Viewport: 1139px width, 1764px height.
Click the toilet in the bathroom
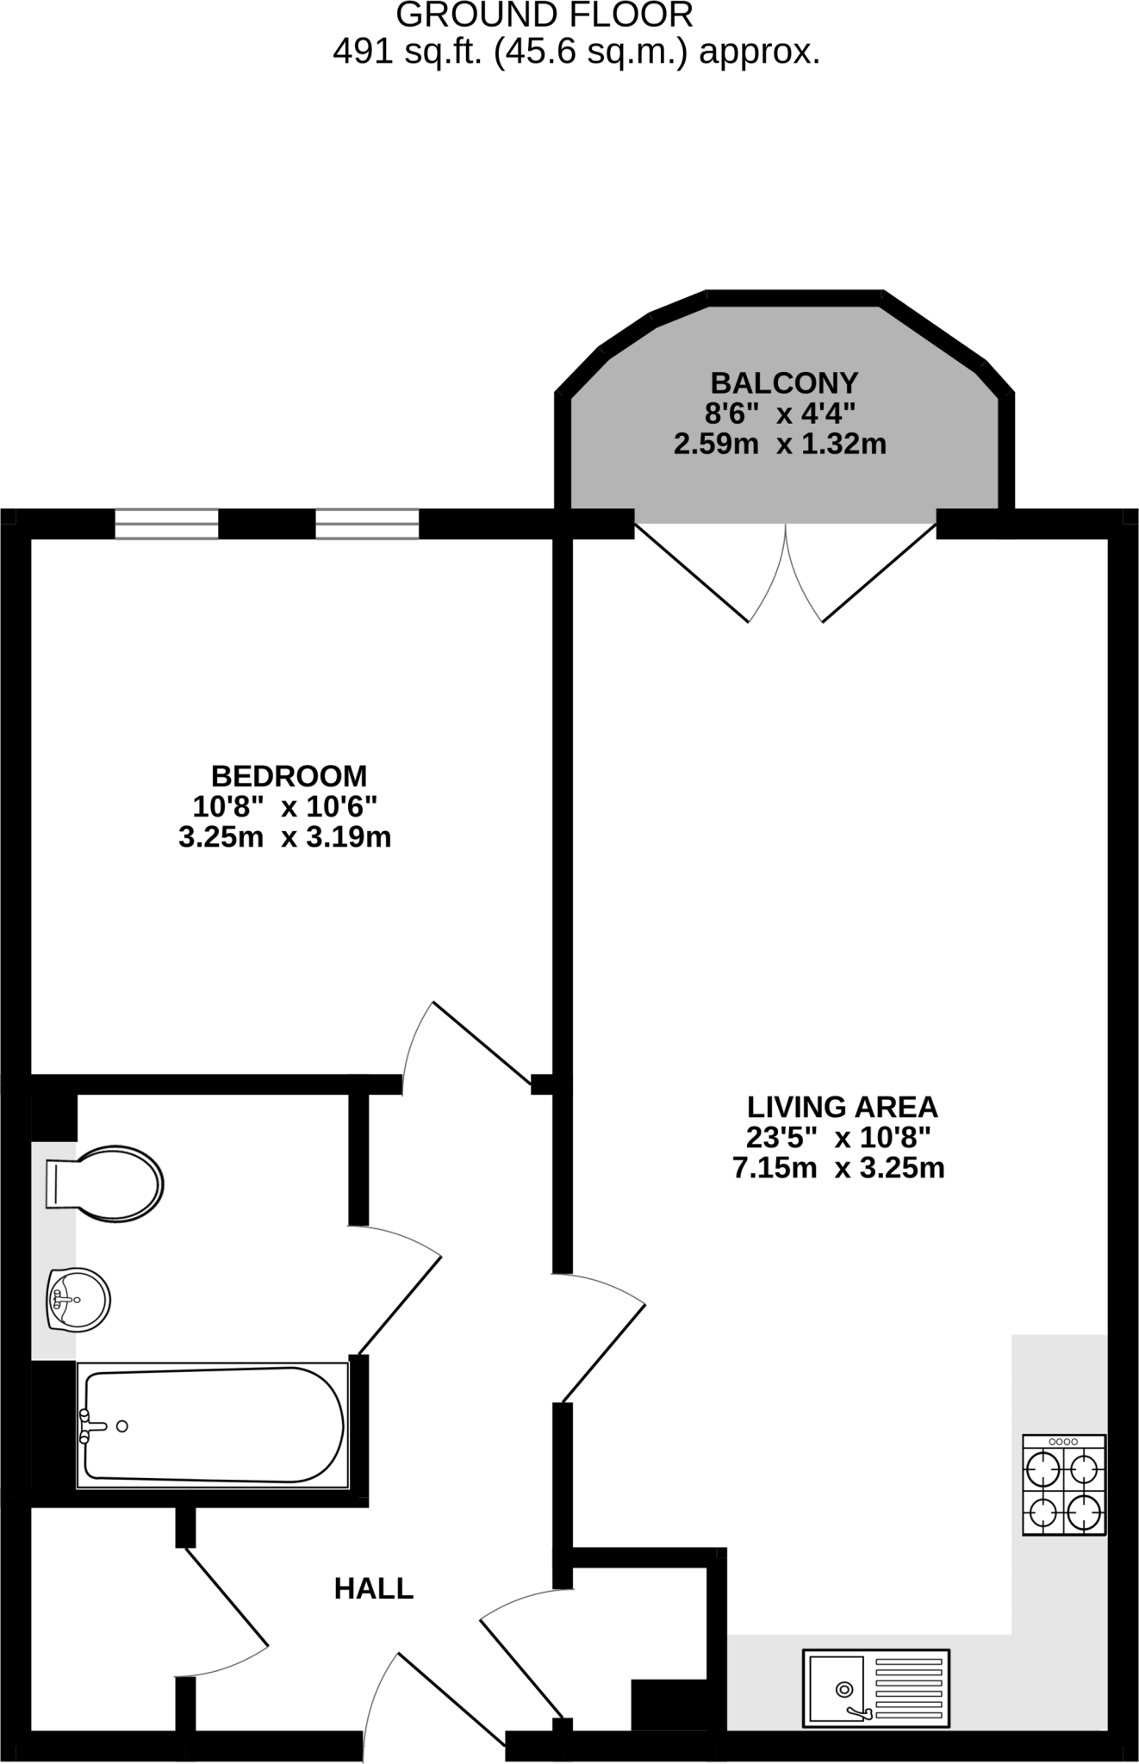click(104, 1183)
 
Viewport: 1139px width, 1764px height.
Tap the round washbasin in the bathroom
click(78, 1300)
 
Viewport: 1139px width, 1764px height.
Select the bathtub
click(212, 1426)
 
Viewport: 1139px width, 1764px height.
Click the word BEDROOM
click(289, 776)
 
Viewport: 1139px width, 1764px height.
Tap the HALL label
click(374, 1588)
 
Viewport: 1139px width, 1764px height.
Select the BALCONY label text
click(784, 382)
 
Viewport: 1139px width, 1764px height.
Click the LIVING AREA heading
click(842, 1106)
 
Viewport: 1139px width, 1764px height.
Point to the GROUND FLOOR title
click(545, 15)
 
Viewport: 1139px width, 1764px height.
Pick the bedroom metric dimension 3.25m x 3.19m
click(284, 837)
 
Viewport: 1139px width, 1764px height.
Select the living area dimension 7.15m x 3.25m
click(838, 1168)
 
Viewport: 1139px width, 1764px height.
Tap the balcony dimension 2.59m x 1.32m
click(780, 444)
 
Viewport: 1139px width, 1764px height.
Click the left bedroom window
click(166, 524)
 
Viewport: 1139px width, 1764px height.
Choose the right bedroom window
click(367, 524)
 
